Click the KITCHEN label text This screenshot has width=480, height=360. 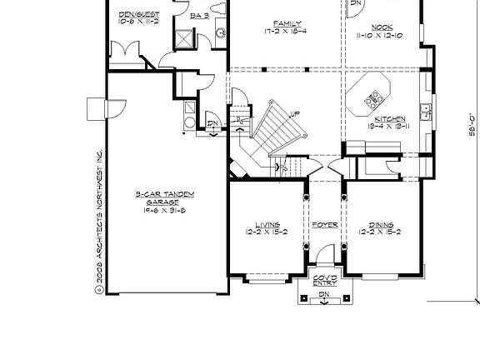coord(387,118)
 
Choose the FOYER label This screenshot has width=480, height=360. coord(324,225)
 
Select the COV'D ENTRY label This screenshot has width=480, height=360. coord(323,280)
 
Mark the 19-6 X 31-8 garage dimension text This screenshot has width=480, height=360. coord(164,212)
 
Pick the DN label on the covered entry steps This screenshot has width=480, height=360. coord(323,295)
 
